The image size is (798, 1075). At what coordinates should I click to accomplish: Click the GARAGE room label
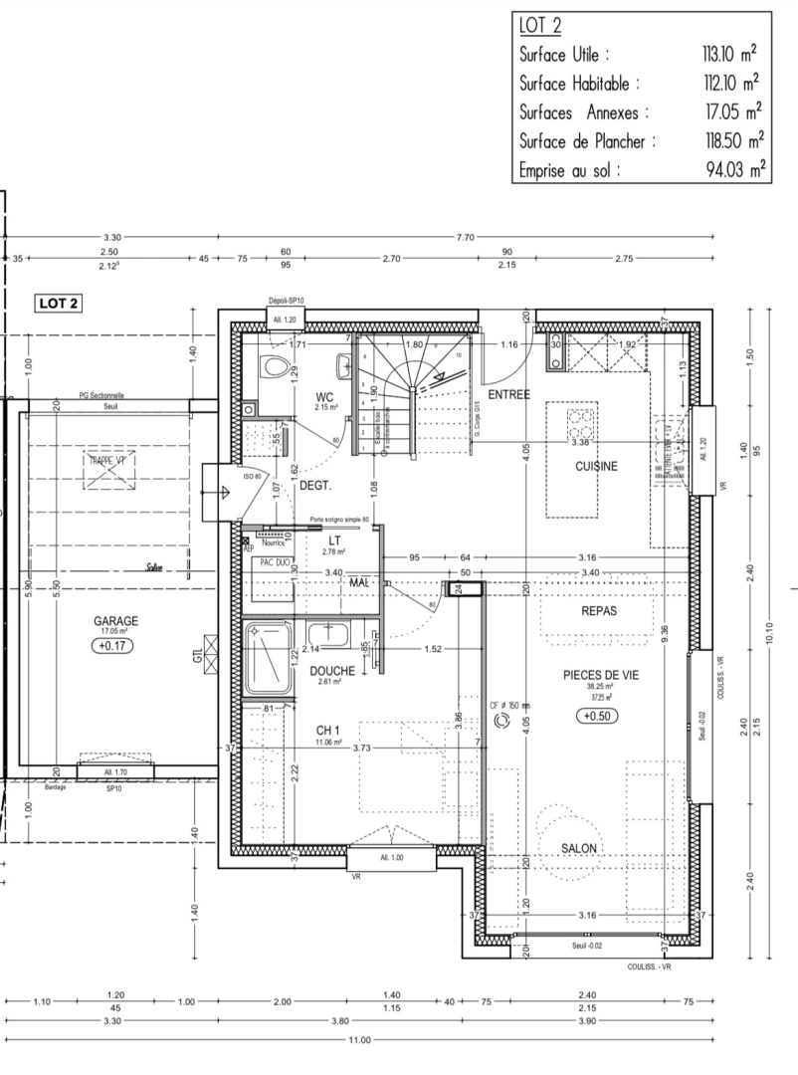[116, 620]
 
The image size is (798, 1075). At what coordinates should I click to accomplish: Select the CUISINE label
[596, 466]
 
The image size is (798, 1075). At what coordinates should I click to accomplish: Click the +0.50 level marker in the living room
[597, 715]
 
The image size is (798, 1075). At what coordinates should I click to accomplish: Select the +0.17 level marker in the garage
[115, 646]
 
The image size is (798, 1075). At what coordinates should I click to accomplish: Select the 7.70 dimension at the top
[465, 237]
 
